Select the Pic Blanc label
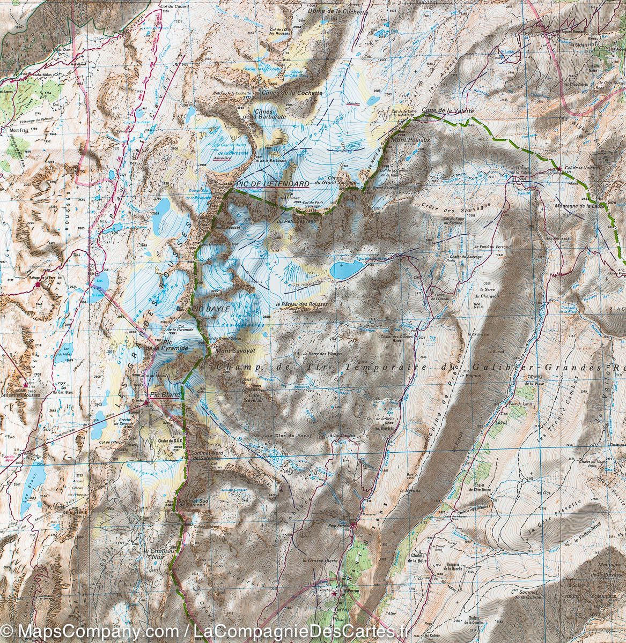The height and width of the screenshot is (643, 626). point(163,395)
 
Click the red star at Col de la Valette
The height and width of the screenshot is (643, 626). point(559,168)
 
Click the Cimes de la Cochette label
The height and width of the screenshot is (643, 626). point(292,93)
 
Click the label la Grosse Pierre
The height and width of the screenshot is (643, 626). point(319,560)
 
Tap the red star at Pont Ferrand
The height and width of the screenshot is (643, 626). point(352,526)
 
